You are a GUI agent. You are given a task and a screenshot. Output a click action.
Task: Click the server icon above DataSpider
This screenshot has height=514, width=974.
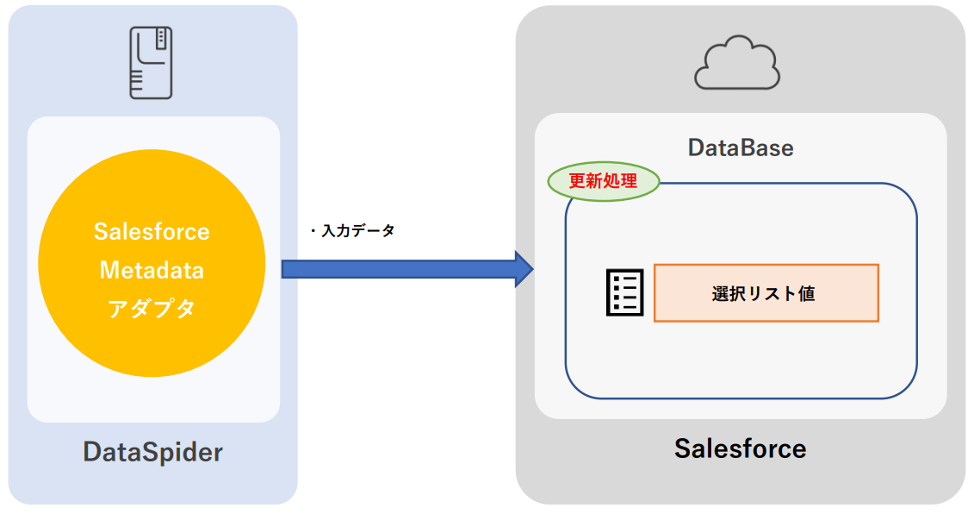click(x=152, y=61)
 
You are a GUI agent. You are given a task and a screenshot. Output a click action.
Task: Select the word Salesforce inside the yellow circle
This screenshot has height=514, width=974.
click(x=152, y=232)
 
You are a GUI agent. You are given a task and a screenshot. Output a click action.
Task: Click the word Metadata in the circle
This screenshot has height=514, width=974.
click(x=152, y=270)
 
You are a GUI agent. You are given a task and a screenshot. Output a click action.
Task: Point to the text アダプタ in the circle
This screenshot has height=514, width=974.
click(x=152, y=308)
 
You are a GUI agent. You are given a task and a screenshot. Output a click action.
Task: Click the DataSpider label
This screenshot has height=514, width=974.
click(x=152, y=452)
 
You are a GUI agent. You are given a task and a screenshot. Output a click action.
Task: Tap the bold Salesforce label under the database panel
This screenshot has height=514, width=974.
click(x=740, y=448)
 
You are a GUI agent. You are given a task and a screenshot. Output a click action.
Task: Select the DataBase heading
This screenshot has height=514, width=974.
click(x=741, y=148)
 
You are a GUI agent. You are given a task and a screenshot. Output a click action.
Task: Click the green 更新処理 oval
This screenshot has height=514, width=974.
click(x=604, y=182)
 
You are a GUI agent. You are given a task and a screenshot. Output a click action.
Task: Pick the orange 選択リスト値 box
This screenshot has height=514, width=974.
click(x=766, y=293)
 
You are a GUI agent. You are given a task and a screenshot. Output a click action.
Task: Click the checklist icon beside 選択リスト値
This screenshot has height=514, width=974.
click(x=624, y=293)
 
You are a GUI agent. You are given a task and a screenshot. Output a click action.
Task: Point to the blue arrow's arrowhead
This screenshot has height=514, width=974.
click(x=523, y=269)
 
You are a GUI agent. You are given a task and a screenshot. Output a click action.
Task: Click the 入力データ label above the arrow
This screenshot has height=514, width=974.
click(x=357, y=231)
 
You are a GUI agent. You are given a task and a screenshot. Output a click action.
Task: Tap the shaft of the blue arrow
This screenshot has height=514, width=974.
click(x=396, y=269)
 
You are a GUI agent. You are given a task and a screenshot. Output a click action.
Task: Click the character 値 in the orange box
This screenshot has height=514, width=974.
click(x=806, y=294)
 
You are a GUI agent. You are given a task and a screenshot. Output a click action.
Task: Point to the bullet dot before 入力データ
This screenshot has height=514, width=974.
click(x=313, y=232)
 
